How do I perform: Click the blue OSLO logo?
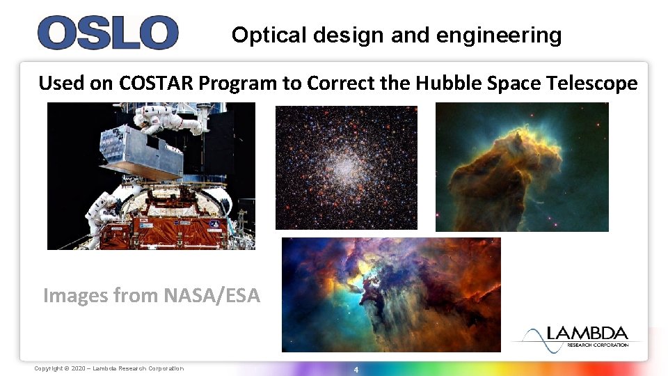coord(107,33)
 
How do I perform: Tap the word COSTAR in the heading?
coord(157,84)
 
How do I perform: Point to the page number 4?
coord(356,369)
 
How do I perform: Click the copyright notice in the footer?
coord(109,368)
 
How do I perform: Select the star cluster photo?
coord(346,167)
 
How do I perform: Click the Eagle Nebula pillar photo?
coord(521,167)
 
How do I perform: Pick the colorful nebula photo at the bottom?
coord(390,294)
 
